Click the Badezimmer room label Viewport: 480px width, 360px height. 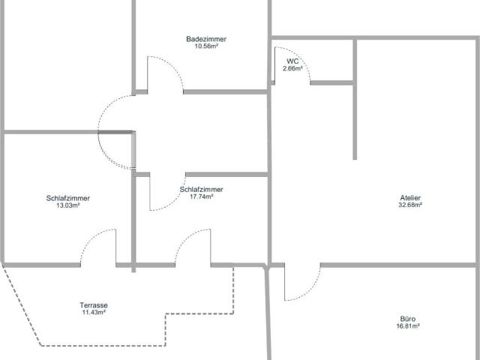coord(206,39)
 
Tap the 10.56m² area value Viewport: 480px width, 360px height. coord(206,46)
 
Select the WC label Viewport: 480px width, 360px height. coord(292,61)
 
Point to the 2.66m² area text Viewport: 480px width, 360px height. coord(292,68)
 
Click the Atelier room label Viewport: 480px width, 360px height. coord(410,198)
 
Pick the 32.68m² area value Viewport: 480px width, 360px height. coord(410,205)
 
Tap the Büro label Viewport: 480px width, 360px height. coord(408,319)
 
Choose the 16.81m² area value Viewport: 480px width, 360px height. coord(408,326)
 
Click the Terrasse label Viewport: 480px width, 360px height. coord(94,305)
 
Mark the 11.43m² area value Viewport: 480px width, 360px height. coord(94,312)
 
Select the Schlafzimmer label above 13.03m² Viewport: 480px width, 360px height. coord(68,198)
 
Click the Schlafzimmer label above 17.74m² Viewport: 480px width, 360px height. coord(202,190)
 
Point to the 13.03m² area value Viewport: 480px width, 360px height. coord(68,205)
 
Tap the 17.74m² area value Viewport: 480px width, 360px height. coord(202,196)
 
